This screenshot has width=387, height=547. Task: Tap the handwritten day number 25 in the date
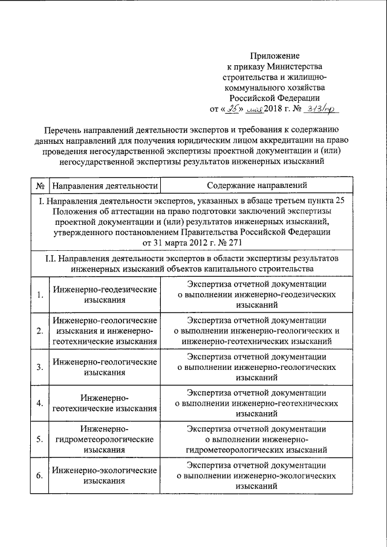point(233,109)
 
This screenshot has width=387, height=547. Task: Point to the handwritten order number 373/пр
point(324,109)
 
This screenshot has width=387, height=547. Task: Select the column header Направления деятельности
point(105,185)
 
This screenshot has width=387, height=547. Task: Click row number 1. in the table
point(39,294)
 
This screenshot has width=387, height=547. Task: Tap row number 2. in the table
point(39,331)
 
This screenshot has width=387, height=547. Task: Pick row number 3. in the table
point(39,367)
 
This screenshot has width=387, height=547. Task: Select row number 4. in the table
point(39,403)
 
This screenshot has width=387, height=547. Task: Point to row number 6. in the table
point(39,476)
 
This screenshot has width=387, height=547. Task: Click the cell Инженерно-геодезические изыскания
point(105,294)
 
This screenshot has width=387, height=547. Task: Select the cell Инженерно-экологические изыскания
point(105,476)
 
